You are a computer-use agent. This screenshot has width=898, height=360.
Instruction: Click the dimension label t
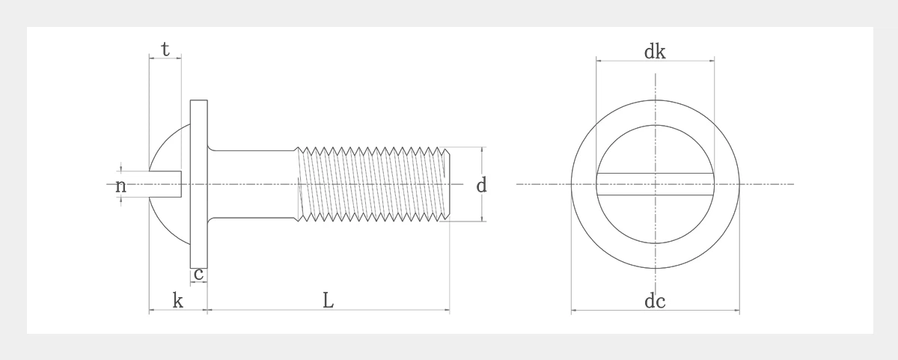[165, 50]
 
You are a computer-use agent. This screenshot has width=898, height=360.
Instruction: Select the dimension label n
[120, 186]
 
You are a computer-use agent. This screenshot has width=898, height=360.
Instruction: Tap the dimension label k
[178, 301]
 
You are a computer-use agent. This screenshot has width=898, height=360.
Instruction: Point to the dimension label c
[198, 275]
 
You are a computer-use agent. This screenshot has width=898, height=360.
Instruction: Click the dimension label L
[328, 301]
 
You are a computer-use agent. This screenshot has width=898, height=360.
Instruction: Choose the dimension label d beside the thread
[482, 185]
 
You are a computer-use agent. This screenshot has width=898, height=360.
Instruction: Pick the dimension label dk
[655, 52]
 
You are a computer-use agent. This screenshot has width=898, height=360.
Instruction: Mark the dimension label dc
[655, 302]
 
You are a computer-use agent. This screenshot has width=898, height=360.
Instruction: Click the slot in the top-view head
[655, 184]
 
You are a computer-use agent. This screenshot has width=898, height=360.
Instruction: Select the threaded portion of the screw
[374, 184]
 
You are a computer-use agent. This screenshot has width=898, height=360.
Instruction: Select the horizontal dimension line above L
[328, 310]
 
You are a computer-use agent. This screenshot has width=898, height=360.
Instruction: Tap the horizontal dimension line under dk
[655, 60]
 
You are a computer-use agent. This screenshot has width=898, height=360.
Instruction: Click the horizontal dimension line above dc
[655, 310]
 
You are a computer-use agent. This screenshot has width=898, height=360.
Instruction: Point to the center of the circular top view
[655, 184]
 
